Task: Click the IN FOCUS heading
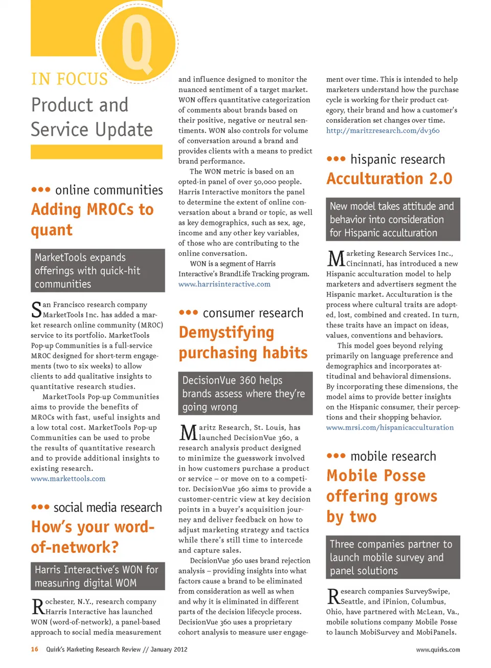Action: point(70,79)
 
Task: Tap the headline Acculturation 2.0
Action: point(389,179)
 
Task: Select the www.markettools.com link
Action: point(68,479)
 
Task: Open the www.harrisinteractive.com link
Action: point(224,284)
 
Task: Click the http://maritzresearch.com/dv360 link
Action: point(383,131)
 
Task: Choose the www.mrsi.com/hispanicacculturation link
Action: point(390,427)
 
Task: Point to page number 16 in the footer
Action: point(34,649)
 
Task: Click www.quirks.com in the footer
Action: point(438,650)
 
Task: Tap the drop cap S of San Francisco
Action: point(36,309)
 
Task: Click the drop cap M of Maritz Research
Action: point(188,433)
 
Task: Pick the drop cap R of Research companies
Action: point(333,596)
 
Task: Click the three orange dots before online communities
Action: point(40,190)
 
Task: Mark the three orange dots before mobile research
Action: point(336,456)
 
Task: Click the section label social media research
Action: point(107,507)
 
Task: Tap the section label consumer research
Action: point(253,313)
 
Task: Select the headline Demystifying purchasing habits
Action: point(243,342)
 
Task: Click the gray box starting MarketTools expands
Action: point(98,270)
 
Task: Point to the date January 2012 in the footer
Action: point(169,649)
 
